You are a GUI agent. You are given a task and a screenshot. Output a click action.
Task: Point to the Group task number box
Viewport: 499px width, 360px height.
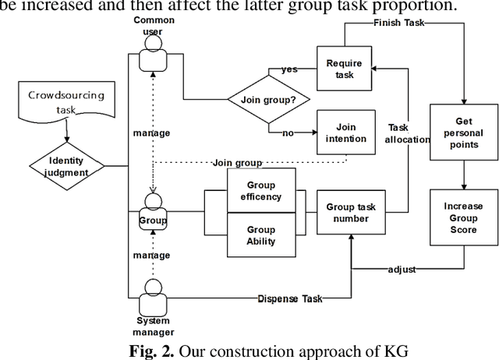click(x=351, y=213)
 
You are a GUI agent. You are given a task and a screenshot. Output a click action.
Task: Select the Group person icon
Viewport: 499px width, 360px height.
click(x=154, y=212)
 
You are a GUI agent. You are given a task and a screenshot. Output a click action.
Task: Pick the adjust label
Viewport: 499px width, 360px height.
click(x=402, y=269)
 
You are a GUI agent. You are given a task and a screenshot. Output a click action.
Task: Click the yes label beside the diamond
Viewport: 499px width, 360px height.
click(x=289, y=69)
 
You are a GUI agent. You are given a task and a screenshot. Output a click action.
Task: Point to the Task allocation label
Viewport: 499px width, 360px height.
click(x=407, y=132)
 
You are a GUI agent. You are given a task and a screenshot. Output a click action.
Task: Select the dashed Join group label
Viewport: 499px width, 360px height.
click(x=237, y=163)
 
